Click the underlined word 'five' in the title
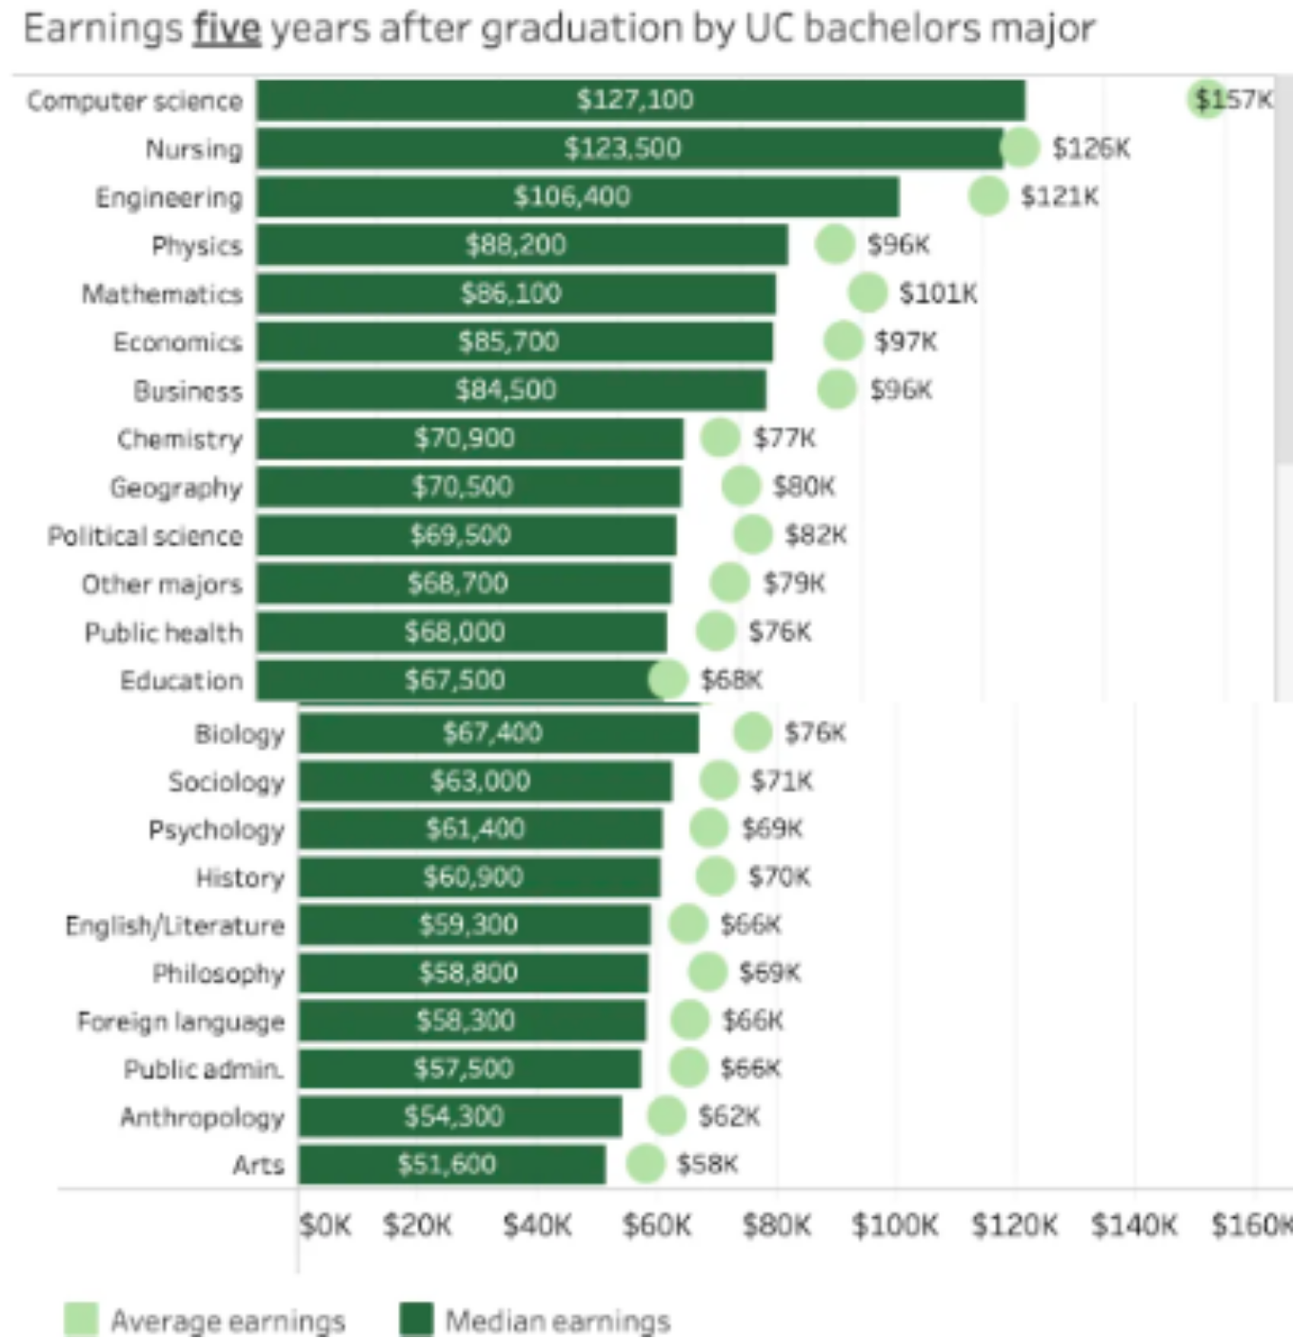tap(227, 29)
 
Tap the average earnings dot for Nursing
tap(1020, 147)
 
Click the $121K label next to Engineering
tap(1059, 196)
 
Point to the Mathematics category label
tap(162, 293)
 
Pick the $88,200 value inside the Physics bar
tap(515, 245)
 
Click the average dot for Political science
tap(752, 534)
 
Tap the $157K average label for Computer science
tap(1234, 99)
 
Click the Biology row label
tap(239, 733)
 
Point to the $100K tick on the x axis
tap(894, 1225)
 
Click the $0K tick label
tap(325, 1225)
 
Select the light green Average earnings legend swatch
tap(81, 1319)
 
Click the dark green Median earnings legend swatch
tap(416, 1319)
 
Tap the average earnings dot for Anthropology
tap(666, 1116)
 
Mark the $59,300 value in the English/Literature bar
tap(468, 925)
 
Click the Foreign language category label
tap(181, 1022)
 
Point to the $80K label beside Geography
tap(804, 487)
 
